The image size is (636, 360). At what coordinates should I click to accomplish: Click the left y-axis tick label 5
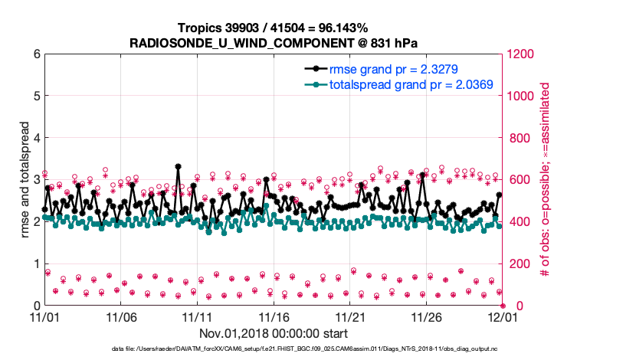[35, 97]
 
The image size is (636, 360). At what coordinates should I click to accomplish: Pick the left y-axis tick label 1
[35, 264]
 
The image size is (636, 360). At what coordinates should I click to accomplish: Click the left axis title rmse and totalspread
[22, 180]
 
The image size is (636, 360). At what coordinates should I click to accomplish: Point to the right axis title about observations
[546, 180]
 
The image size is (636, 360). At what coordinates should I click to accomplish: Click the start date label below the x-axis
[274, 333]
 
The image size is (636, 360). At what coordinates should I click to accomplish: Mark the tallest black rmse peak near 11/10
[178, 166]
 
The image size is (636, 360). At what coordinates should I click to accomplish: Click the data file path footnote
[318, 349]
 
